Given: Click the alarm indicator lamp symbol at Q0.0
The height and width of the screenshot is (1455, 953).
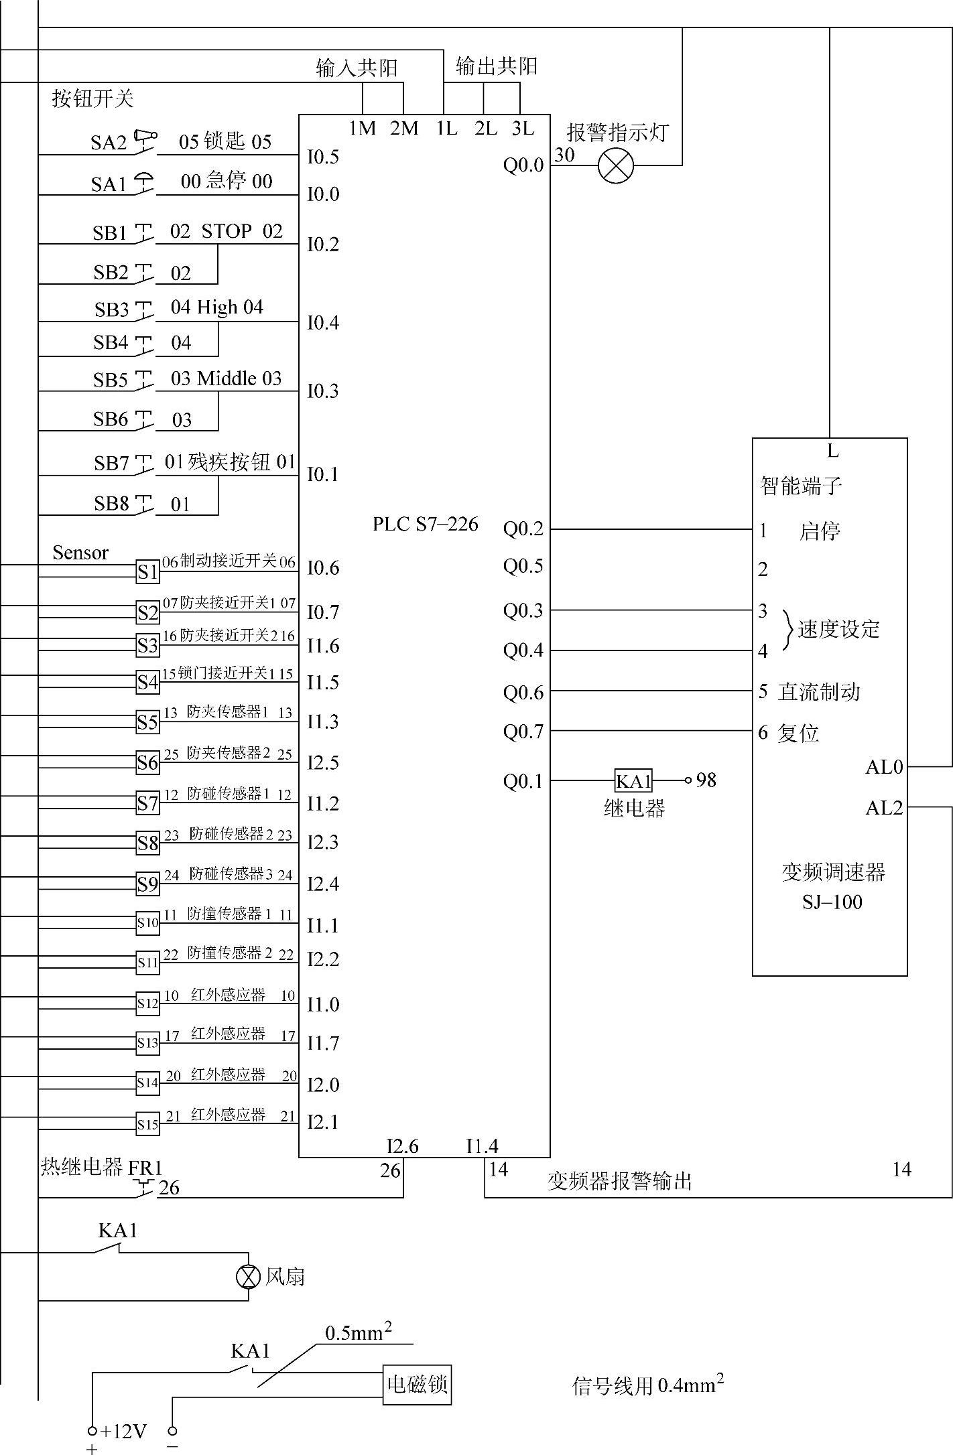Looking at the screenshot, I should click(615, 165).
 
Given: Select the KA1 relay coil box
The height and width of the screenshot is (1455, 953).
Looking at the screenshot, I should click(633, 780).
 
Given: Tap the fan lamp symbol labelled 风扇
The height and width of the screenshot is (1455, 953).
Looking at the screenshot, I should click(249, 1277).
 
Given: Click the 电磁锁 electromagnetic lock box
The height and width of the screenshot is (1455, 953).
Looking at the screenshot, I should click(417, 1385).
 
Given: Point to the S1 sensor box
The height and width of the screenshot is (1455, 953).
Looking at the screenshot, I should click(147, 572).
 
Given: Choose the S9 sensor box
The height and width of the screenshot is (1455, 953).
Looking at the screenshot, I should click(147, 884).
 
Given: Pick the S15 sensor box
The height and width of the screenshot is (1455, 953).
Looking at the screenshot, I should click(147, 1124).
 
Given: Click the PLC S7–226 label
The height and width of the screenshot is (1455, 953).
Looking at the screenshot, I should click(425, 524).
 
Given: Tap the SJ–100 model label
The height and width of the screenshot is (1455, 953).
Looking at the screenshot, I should click(832, 902).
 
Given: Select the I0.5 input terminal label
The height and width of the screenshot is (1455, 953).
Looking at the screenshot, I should click(323, 157).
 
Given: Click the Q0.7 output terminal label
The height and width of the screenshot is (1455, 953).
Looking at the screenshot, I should click(523, 732).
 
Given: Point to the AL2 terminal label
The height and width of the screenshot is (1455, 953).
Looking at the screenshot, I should click(884, 809).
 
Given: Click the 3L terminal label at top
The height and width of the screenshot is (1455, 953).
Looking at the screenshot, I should click(523, 128).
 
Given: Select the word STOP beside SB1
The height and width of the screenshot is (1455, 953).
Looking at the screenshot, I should click(227, 231).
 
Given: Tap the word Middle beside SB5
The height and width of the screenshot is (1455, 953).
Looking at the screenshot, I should click(227, 378).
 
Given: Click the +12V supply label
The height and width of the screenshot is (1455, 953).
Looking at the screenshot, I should click(123, 1432).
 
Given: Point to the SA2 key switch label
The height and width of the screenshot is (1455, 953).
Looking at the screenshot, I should click(109, 143).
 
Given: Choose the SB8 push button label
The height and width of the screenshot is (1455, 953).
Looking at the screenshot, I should click(111, 504).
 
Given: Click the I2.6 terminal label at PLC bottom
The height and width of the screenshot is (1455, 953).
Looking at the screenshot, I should click(402, 1146).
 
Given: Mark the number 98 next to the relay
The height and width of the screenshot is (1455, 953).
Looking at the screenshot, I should click(706, 780).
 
